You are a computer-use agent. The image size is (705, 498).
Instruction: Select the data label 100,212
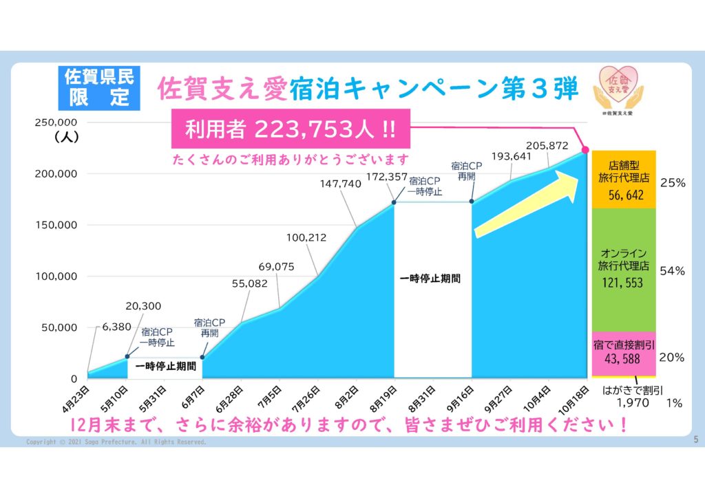(306, 238)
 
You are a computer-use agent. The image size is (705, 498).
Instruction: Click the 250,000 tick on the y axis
(56, 122)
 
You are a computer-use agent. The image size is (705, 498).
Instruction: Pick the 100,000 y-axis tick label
(56, 276)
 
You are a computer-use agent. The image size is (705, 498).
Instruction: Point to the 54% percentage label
(672, 271)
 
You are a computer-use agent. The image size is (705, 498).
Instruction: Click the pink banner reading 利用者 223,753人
(288, 129)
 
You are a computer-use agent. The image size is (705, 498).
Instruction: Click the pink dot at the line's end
(585, 149)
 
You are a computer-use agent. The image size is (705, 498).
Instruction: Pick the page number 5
(695, 440)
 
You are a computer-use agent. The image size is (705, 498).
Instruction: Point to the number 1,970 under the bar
(632, 403)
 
